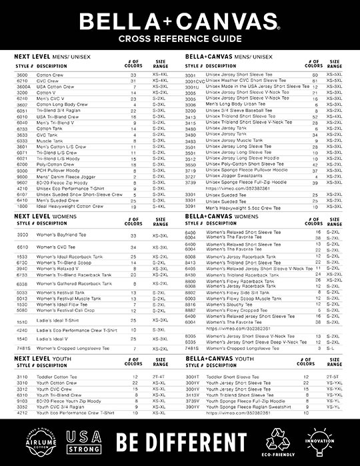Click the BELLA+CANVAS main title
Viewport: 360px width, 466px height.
(179, 21)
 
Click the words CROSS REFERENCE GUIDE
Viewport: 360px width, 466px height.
(179, 39)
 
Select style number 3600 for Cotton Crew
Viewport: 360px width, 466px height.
(22, 75)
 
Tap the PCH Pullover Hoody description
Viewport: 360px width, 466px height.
(58, 171)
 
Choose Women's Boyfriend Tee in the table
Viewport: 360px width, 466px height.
(59, 235)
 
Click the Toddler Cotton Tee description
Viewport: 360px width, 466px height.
(57, 377)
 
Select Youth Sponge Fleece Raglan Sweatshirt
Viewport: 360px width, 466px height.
(245, 406)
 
